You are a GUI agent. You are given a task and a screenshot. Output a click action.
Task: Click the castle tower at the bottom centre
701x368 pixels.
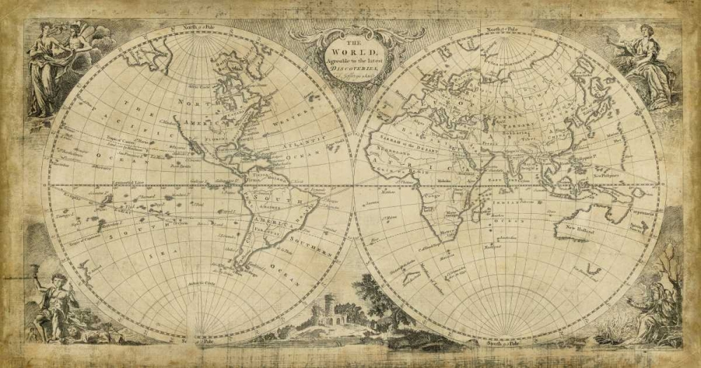click(x=331, y=309)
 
